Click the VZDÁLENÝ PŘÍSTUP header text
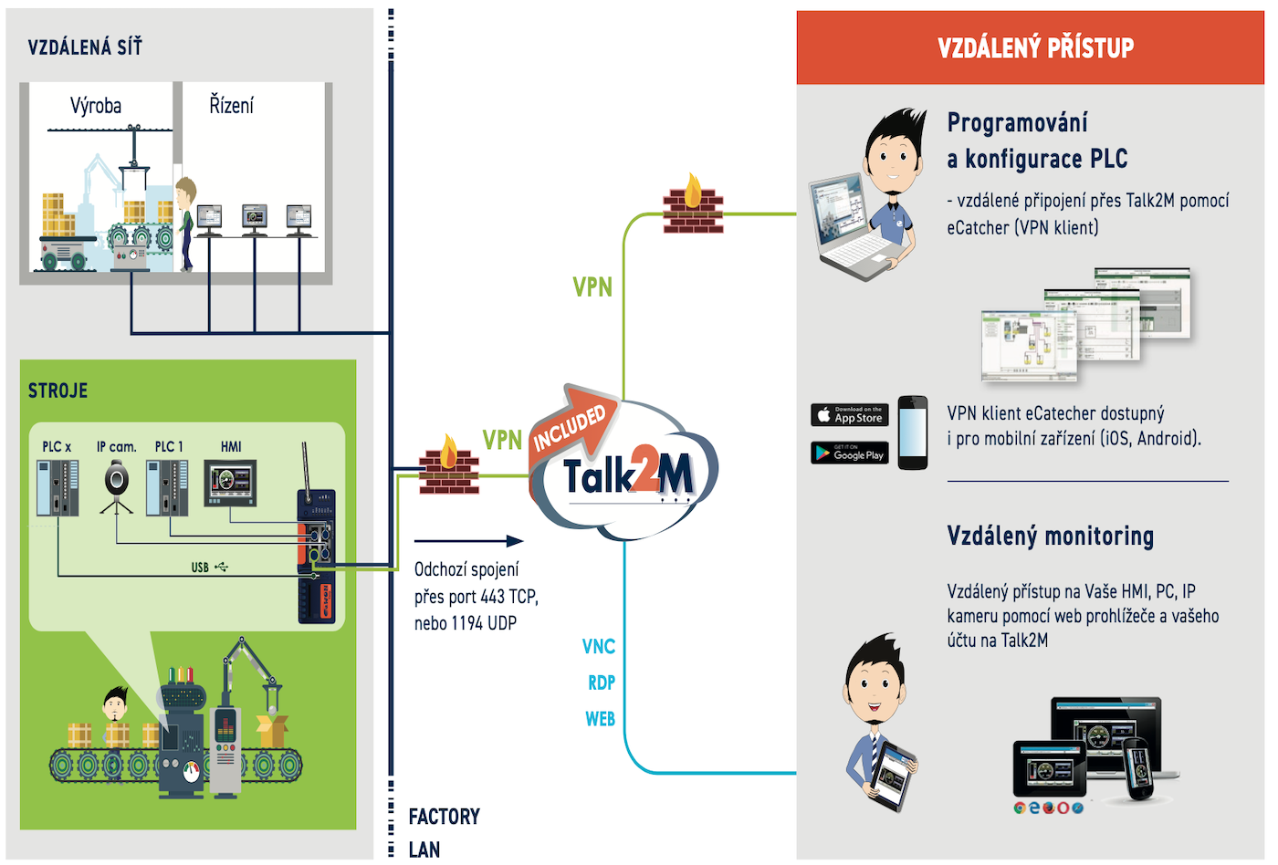coord(1035,47)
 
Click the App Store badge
coord(849,415)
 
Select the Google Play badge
coord(849,453)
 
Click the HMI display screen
coord(232,481)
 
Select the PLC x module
coord(58,487)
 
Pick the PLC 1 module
coord(168,487)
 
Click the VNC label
coord(599,647)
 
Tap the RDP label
coord(602,683)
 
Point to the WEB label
coord(600,719)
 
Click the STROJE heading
coord(58,391)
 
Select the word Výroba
coord(96,106)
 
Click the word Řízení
coord(231,106)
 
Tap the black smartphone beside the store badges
coord(912,432)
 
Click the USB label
coord(201,568)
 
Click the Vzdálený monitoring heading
coord(1050,536)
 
